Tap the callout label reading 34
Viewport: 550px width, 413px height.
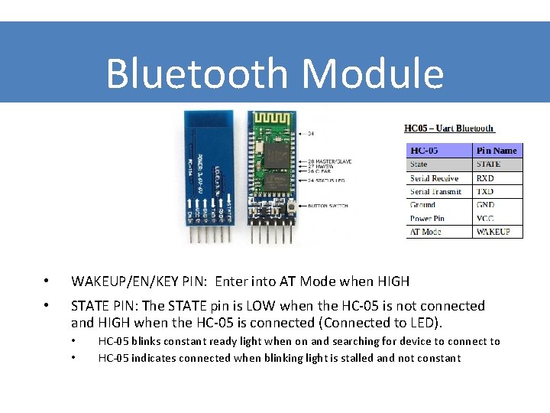click(311, 133)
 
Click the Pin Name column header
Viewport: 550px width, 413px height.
click(497, 151)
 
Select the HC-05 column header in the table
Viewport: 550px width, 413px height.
click(429, 151)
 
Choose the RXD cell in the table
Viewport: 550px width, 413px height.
click(486, 178)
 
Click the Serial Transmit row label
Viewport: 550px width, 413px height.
click(435, 191)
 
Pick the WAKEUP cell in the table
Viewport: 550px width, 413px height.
click(493, 231)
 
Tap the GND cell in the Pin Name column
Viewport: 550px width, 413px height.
click(486, 205)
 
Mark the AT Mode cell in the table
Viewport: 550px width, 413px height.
click(426, 231)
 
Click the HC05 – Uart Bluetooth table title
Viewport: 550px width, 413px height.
click(449, 128)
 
